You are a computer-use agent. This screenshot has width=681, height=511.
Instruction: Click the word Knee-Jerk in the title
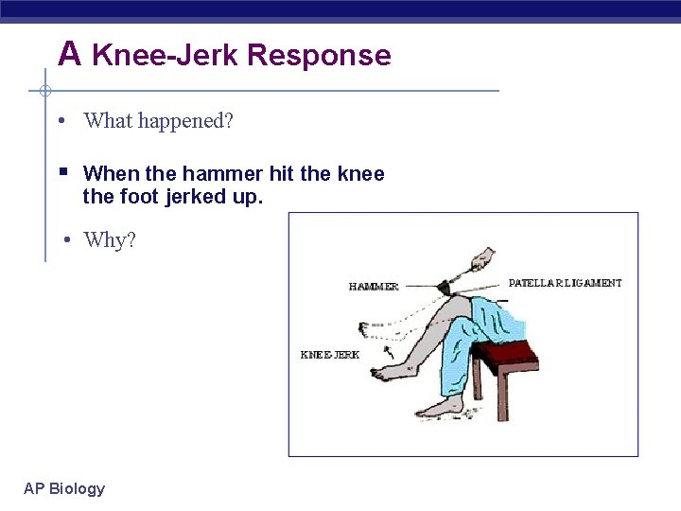click(166, 55)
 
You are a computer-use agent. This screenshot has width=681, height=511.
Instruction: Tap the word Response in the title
click(319, 55)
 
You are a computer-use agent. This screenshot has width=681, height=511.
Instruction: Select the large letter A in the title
click(69, 54)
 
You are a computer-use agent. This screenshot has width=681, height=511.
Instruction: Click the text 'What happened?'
click(158, 121)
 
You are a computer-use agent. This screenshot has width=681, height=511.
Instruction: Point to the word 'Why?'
click(110, 240)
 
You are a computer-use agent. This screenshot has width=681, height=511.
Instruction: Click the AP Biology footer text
click(64, 488)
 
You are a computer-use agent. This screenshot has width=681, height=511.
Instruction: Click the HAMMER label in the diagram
click(374, 287)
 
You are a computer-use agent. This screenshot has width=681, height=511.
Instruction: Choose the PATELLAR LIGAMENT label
click(565, 283)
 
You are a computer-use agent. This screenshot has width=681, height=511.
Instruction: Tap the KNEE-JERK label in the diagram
click(329, 355)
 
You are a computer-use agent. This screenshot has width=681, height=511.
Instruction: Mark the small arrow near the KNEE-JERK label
click(388, 352)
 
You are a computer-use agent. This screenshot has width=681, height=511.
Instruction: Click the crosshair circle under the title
click(44, 92)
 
